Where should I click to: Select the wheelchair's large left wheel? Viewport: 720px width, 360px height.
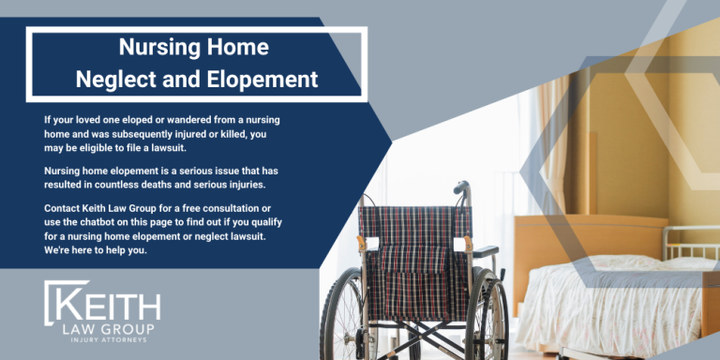pos(351,314)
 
